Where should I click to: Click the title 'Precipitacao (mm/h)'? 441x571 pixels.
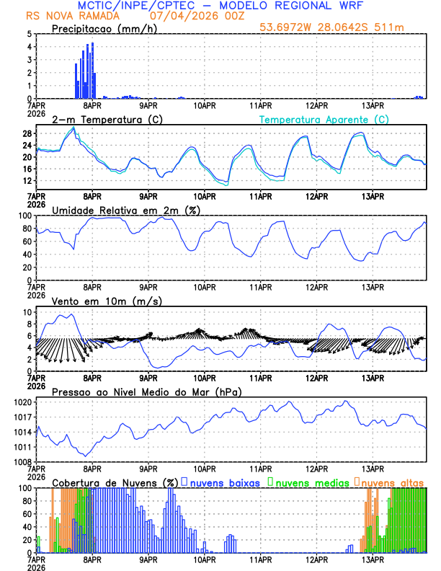[103, 29]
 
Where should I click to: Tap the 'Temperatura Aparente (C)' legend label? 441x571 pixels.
[324, 119]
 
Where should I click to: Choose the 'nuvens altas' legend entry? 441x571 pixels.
[393, 482]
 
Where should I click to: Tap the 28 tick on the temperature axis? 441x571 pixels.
[27, 134]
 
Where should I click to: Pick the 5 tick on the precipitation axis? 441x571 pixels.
[30, 34]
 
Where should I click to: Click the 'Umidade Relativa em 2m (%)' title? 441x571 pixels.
[126, 210]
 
